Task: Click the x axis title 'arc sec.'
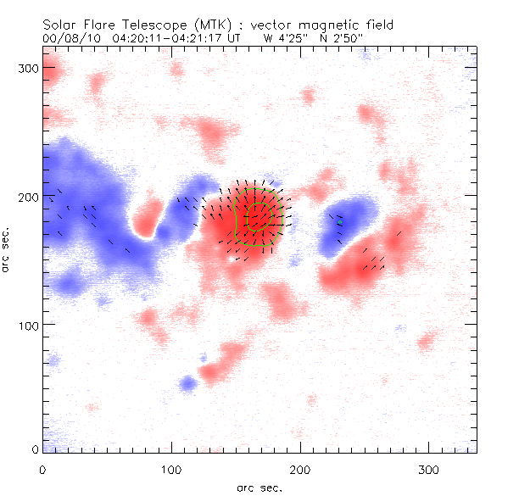click(x=259, y=488)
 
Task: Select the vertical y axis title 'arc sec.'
click(x=7, y=250)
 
